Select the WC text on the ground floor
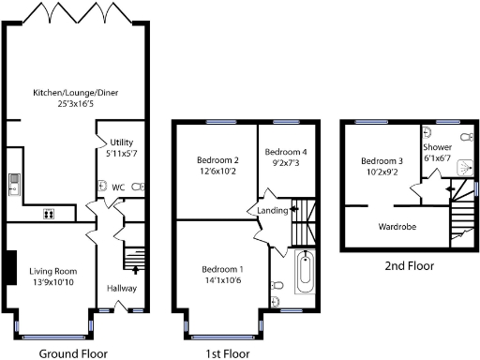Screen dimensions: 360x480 [118, 187]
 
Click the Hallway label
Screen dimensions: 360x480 [122, 288]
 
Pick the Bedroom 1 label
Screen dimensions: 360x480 [219, 268]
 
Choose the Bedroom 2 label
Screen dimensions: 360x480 [217, 159]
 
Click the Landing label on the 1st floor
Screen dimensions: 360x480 [271, 211]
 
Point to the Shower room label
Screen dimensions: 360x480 [437, 147]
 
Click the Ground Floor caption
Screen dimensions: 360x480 [73, 354]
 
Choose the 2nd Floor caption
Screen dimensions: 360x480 [410, 266]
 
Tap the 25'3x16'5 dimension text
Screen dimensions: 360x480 [76, 103]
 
